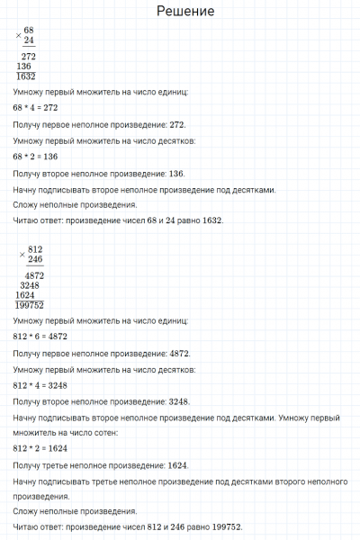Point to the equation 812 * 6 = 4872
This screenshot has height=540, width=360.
point(40,337)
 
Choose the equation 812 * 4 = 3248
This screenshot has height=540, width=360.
point(40,385)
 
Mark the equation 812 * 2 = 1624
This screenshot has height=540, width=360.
point(40,448)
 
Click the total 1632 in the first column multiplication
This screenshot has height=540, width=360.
point(25,77)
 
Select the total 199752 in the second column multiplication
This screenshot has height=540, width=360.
point(31,305)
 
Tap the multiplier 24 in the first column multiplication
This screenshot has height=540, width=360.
point(29,41)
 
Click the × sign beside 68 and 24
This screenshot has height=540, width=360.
point(18,36)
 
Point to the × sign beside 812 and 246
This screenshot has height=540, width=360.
point(22,255)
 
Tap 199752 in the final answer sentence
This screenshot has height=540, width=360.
point(225,527)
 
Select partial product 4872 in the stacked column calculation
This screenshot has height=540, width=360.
point(35,274)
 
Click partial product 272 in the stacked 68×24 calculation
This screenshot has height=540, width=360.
point(28,57)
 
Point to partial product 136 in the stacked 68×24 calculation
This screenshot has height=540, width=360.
point(23,67)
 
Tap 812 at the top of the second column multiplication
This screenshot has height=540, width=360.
point(35,249)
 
